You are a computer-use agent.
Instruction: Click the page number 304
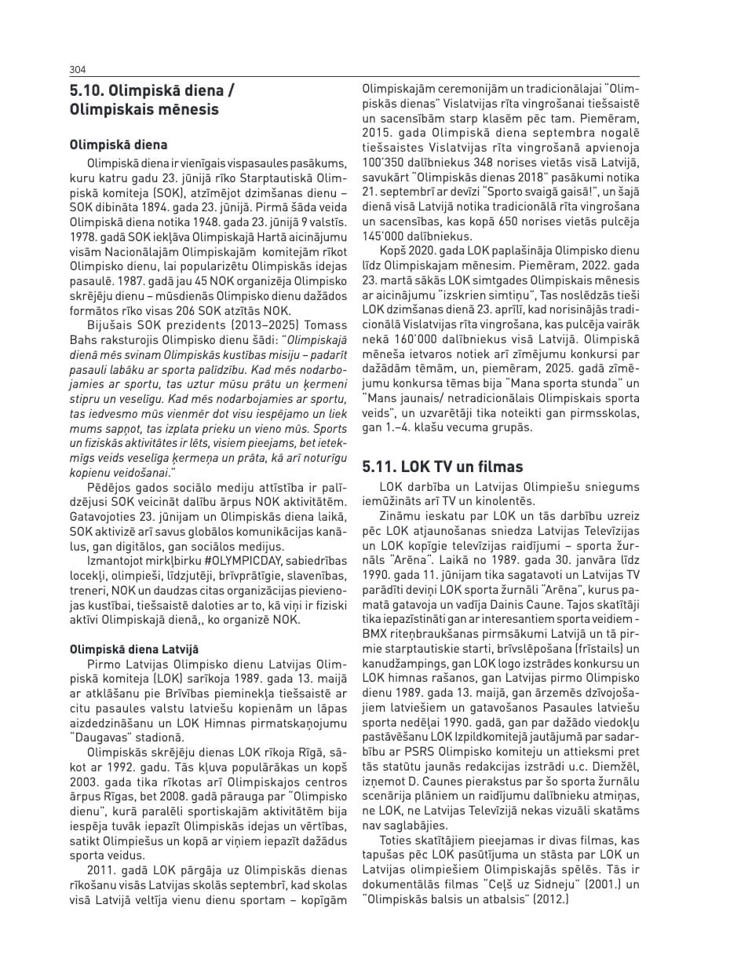tap(78, 69)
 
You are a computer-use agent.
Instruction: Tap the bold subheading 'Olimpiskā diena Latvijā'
tap(134, 649)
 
